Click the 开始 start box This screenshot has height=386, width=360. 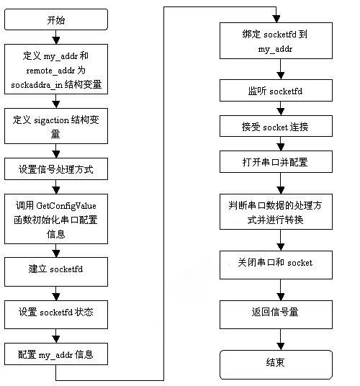55,19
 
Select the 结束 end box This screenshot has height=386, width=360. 276,363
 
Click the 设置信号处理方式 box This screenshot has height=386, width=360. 55,171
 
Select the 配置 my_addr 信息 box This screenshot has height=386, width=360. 55,355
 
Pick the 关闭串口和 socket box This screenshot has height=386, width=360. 276,263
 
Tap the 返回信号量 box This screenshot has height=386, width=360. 276,313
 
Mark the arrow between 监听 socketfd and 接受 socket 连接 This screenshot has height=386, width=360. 276,109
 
